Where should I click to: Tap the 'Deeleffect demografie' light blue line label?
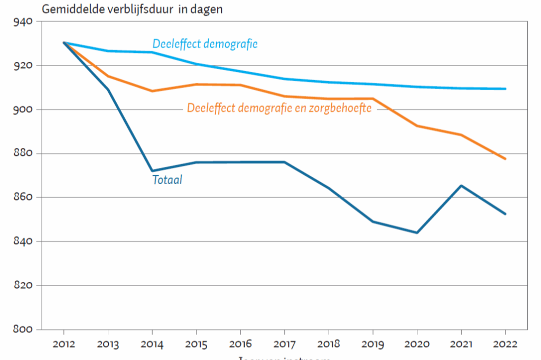(x=205, y=44)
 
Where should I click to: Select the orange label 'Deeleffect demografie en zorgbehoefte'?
(x=279, y=109)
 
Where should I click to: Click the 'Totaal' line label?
(x=167, y=180)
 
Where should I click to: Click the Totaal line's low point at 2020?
(x=417, y=232)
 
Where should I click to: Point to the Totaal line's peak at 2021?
(x=461, y=186)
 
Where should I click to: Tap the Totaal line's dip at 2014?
(x=152, y=171)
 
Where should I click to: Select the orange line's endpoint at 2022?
(x=506, y=159)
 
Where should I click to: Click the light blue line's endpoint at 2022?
(x=506, y=89)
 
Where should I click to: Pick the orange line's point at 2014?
(x=152, y=91)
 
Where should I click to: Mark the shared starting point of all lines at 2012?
(x=64, y=43)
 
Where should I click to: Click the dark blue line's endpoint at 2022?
(x=506, y=214)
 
